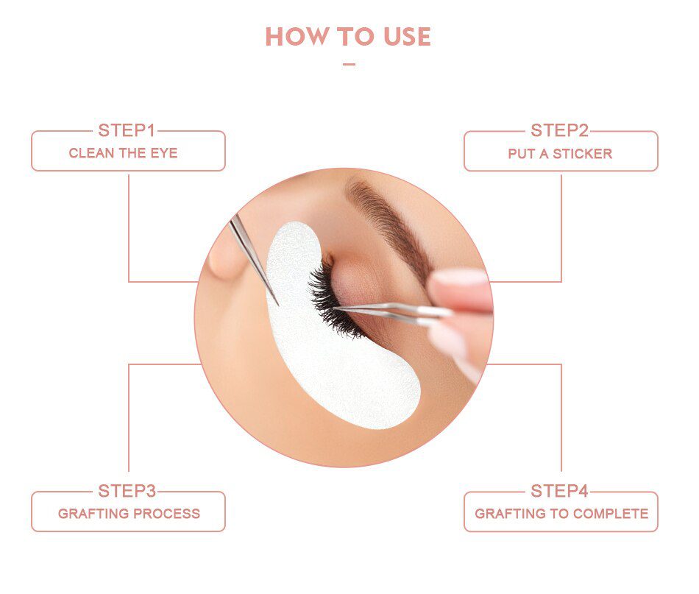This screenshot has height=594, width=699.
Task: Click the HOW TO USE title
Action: coord(348,37)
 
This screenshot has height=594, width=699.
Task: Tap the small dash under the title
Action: coord(349,64)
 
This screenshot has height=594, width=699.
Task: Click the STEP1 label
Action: coord(127,131)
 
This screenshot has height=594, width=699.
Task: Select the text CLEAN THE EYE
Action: coord(123,154)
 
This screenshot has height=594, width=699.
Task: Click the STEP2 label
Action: coord(560,131)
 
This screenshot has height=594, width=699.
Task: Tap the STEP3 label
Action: coord(127,491)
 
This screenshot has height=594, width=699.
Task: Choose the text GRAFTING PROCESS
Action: coord(129,515)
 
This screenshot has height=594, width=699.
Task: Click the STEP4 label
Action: coord(560,491)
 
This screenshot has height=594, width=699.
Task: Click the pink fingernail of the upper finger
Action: coord(460,277)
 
